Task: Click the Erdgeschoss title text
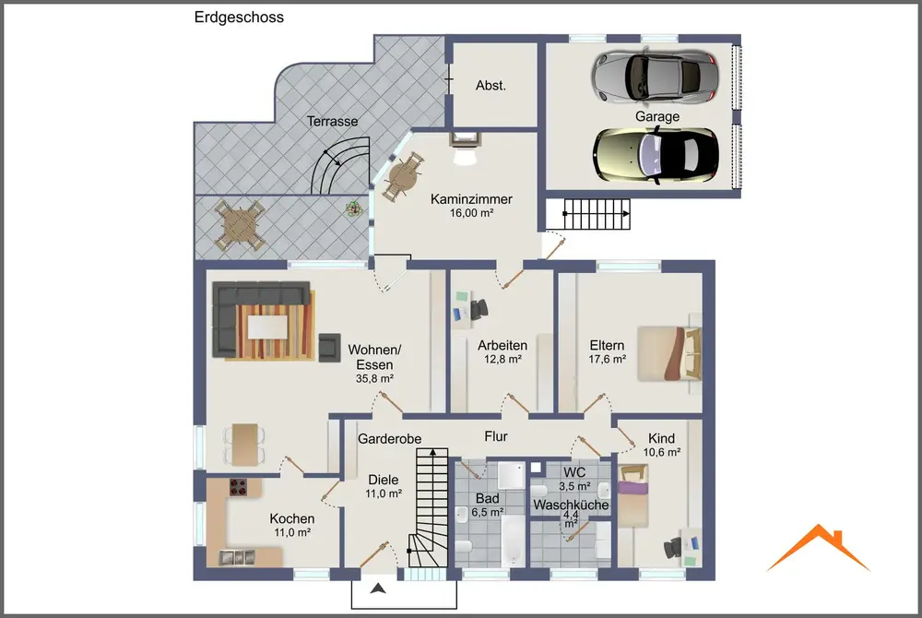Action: pos(239,18)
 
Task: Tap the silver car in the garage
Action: pos(655,77)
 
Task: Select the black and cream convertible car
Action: pos(656,155)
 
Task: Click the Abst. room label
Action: pos(491,86)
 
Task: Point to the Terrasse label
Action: pos(332,122)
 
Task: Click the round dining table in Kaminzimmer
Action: pos(404,175)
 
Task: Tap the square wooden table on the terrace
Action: pos(239,225)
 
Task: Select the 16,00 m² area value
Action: pos(471,213)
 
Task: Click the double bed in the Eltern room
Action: pos(669,353)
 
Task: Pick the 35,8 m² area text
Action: pos(374,379)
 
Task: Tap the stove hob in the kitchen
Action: pos(238,487)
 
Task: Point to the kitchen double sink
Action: pos(237,557)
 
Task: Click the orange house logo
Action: pos(818,548)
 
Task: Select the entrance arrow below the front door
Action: pos(378,588)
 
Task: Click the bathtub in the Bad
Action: pos(513,541)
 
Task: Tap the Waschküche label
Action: pos(571,505)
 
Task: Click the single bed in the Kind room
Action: pos(633,495)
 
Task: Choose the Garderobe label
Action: pos(390,439)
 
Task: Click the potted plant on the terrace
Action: pos(353,208)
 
